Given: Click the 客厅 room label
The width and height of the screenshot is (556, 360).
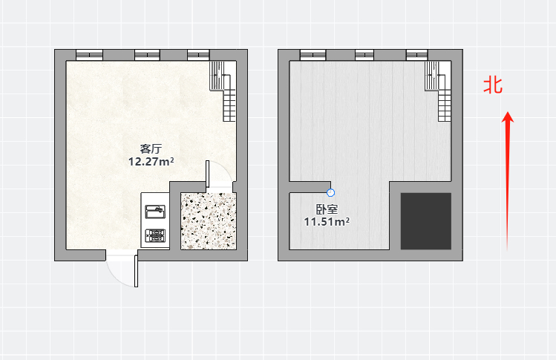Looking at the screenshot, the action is [151, 148].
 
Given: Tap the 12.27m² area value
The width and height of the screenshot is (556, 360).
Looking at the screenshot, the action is [151, 162].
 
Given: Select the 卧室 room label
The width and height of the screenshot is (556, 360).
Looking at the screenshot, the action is [327, 209].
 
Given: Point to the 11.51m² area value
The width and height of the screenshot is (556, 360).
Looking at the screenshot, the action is [327, 222].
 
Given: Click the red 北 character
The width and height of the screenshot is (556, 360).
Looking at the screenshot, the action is [493, 85].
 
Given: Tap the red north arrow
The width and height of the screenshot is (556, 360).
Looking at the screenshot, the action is [508, 181].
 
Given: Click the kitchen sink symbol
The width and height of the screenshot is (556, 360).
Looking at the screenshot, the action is [155, 212].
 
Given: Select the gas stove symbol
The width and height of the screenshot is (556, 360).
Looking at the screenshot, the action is [155, 235].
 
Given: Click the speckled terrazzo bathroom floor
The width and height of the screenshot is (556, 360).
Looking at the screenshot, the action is [209, 221].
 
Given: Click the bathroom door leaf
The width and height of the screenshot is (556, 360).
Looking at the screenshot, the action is [208, 174].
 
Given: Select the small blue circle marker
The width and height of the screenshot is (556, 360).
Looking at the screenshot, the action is [330, 192].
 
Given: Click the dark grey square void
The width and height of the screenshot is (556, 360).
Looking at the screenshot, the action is [426, 221].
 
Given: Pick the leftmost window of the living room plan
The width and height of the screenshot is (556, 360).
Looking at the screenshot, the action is [89, 55].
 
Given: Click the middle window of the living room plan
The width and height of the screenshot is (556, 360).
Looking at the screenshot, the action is [147, 55].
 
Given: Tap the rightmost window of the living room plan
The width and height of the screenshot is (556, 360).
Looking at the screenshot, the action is [199, 55].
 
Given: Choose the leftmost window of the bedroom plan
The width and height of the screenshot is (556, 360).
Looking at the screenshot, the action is [313, 55].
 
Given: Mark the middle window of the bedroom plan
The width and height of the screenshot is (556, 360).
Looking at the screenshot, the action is [364, 55].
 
